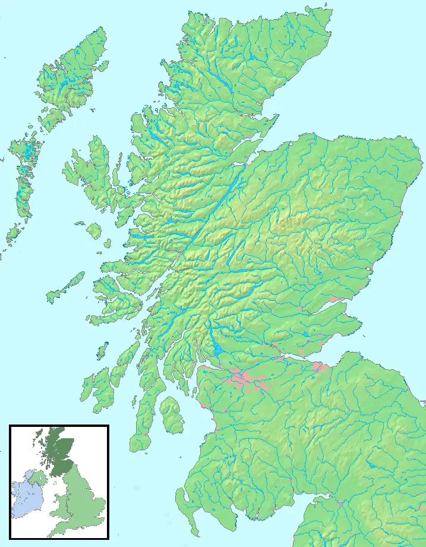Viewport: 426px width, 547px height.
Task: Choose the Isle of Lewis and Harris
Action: [x=65, y=83]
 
